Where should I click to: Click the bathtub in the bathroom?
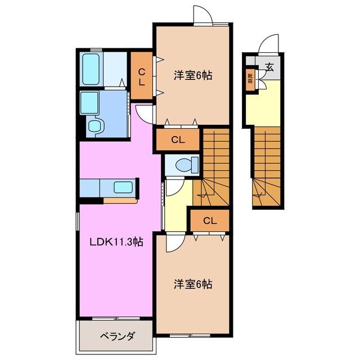(91, 67)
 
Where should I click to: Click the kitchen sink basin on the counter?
(123, 187)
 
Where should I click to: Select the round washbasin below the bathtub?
(94, 126)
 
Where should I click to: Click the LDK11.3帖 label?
(117, 242)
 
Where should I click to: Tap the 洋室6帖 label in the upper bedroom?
(192, 75)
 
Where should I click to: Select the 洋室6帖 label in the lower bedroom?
(192, 285)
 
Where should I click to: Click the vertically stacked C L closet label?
(142, 76)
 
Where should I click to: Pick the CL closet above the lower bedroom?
(210, 220)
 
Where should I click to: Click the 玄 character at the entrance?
(269, 67)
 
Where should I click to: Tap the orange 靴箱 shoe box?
(249, 78)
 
